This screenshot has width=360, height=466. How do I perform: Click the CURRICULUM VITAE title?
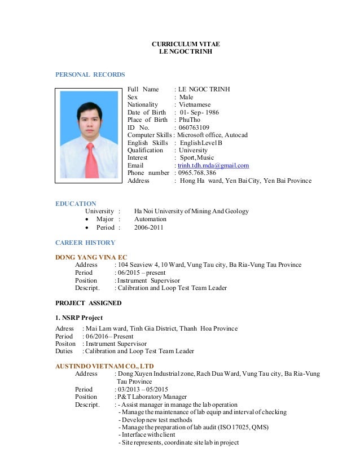coord(186,43)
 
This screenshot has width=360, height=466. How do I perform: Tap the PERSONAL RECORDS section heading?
coord(90,74)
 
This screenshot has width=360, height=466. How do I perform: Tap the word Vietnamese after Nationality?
coord(195,105)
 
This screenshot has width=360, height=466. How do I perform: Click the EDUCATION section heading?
coord(76,204)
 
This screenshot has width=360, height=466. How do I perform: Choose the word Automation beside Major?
coord(150,219)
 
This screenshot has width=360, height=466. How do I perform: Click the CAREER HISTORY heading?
coord(85,243)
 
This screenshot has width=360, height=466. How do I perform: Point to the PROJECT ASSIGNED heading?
coord(88,303)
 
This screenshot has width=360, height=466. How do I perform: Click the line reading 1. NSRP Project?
coord(79,318)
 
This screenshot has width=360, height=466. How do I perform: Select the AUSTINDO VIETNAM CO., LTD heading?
coord(104,366)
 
